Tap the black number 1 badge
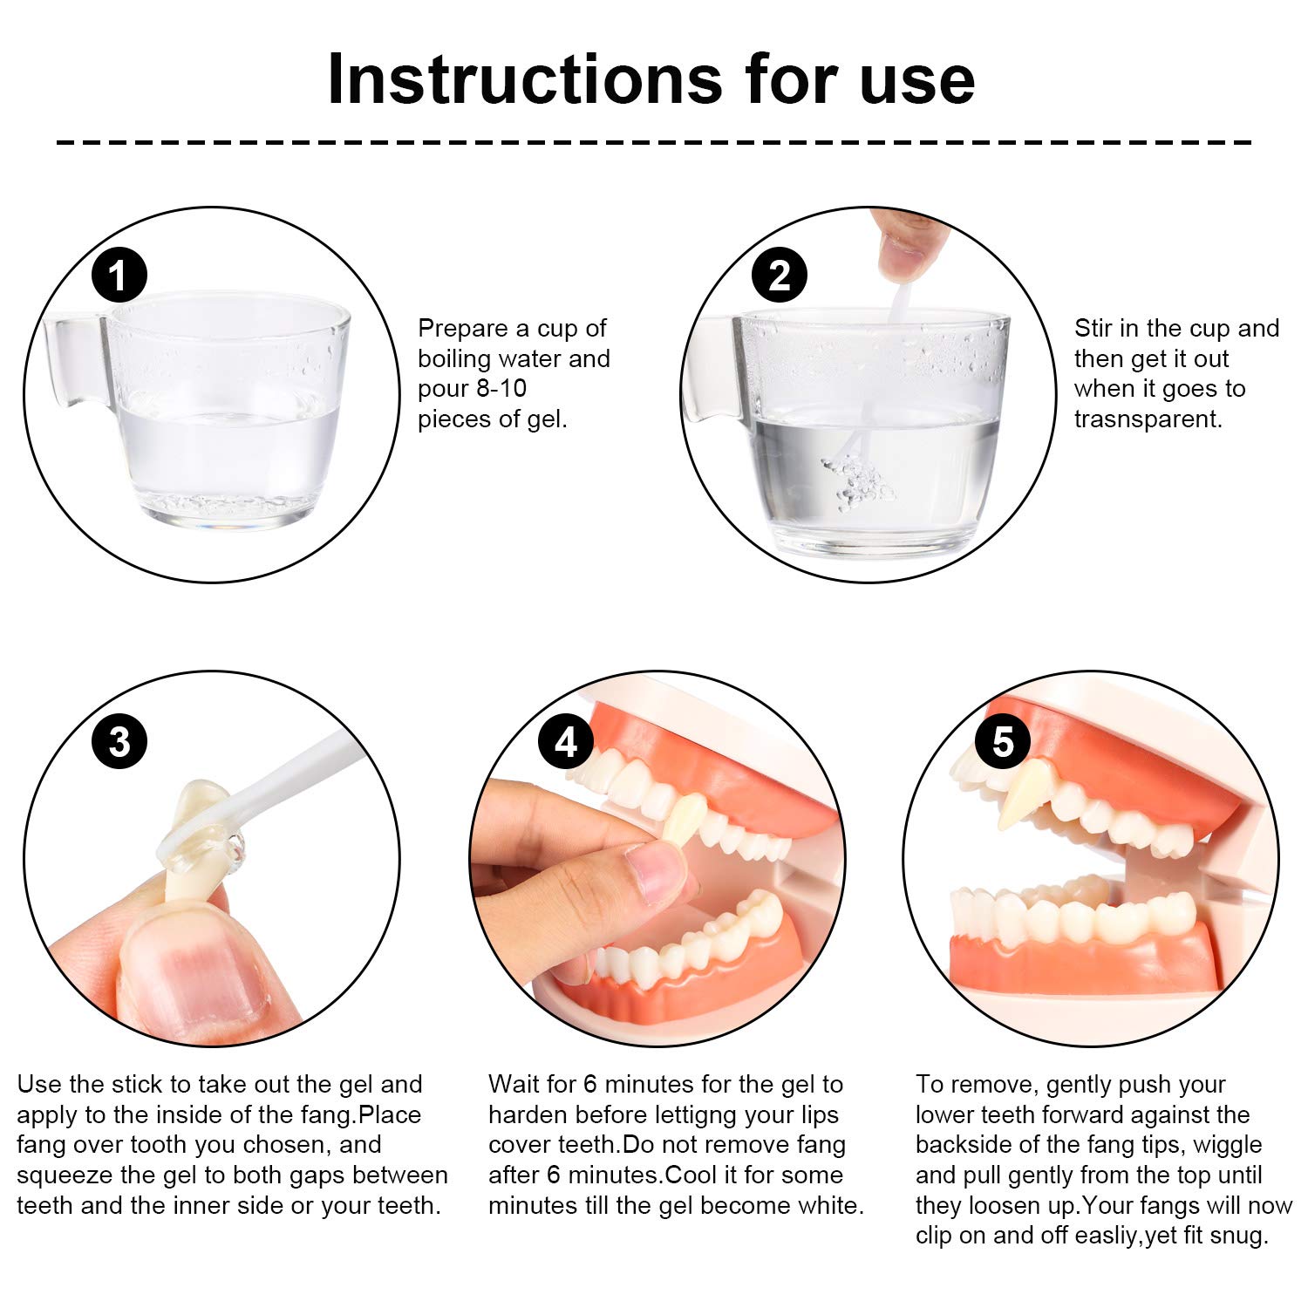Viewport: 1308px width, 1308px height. click(119, 276)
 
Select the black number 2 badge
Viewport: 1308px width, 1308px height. click(779, 276)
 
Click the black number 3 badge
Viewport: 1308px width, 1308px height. click(119, 742)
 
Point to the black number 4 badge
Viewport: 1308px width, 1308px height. click(566, 742)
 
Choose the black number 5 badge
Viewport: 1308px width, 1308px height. click(1003, 742)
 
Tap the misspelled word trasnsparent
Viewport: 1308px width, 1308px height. click(1148, 419)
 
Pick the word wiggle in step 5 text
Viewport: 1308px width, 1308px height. click(1227, 1146)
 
